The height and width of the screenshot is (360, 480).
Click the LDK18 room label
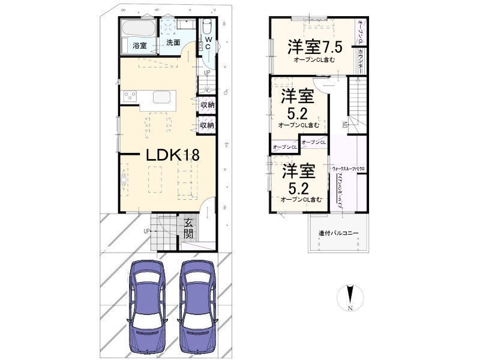(x=172, y=154)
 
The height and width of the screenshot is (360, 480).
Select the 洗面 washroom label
(x=173, y=43)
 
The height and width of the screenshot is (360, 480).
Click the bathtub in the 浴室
(x=138, y=28)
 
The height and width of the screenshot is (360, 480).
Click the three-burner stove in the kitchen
(x=130, y=97)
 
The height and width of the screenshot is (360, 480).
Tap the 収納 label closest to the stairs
(x=207, y=105)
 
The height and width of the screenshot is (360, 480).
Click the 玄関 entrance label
(x=188, y=229)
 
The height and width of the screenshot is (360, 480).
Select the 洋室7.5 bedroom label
(x=315, y=47)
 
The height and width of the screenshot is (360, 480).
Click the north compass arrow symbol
(x=352, y=295)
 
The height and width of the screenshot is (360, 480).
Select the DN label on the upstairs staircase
(x=344, y=125)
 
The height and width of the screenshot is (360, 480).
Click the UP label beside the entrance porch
(x=146, y=230)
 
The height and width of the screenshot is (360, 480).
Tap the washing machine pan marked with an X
(x=169, y=28)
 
